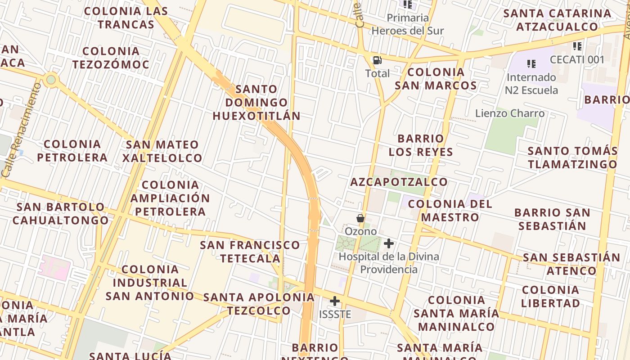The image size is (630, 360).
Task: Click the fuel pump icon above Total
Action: tap(377, 60)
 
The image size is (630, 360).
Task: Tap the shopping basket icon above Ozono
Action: tap(360, 218)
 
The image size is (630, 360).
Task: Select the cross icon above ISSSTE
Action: tap(334, 301)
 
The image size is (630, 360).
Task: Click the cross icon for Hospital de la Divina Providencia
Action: tap(389, 244)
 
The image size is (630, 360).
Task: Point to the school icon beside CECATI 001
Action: tap(577, 46)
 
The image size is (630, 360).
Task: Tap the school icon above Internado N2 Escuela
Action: tap(531, 64)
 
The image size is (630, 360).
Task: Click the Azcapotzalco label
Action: tap(399, 182)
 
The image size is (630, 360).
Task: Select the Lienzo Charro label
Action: tap(510, 113)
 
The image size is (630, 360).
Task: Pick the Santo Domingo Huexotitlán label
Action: tap(256, 103)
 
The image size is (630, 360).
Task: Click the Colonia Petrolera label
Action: tap(72, 151)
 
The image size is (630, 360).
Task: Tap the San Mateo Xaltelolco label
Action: tap(162, 151)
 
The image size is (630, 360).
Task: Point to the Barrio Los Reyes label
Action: tap(421, 145)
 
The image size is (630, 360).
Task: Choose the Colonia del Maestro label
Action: tap(450, 211)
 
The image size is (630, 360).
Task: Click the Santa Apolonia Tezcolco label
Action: tap(259, 304)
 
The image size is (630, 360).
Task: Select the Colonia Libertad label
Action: tap(550, 297)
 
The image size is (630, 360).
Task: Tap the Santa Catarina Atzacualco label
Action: tap(557, 20)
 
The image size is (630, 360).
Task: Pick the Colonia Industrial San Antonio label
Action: tap(150, 283)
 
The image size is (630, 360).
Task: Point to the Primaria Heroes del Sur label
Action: tap(408, 24)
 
